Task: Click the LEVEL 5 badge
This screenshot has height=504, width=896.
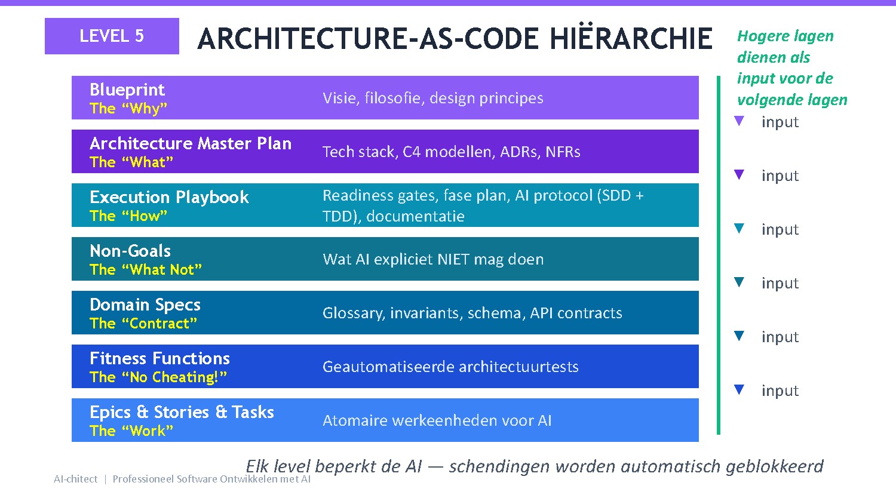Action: (112, 36)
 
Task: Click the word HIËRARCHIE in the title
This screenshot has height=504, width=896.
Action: (631, 39)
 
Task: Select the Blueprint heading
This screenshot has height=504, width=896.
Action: (127, 90)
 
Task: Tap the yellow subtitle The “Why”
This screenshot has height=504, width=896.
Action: (128, 109)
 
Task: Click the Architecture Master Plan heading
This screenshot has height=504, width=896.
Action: (191, 143)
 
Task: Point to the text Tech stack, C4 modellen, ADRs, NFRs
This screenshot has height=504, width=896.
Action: (451, 152)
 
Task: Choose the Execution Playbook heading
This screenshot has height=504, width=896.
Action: (169, 197)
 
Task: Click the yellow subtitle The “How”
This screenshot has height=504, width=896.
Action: (128, 216)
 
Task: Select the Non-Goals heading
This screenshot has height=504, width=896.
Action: (130, 251)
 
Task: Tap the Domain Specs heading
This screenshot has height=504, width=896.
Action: (145, 305)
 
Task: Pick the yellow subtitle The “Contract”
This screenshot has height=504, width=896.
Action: (143, 324)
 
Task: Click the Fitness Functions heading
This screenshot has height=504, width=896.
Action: (159, 358)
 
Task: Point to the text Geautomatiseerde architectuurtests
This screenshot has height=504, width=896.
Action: (450, 367)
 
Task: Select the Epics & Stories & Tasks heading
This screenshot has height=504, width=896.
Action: (182, 412)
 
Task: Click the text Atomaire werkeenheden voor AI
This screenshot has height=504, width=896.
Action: (437, 420)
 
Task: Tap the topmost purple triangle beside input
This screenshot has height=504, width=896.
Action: (739, 121)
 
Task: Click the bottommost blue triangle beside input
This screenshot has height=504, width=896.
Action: (739, 390)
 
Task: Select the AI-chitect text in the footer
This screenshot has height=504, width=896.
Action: (75, 479)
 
